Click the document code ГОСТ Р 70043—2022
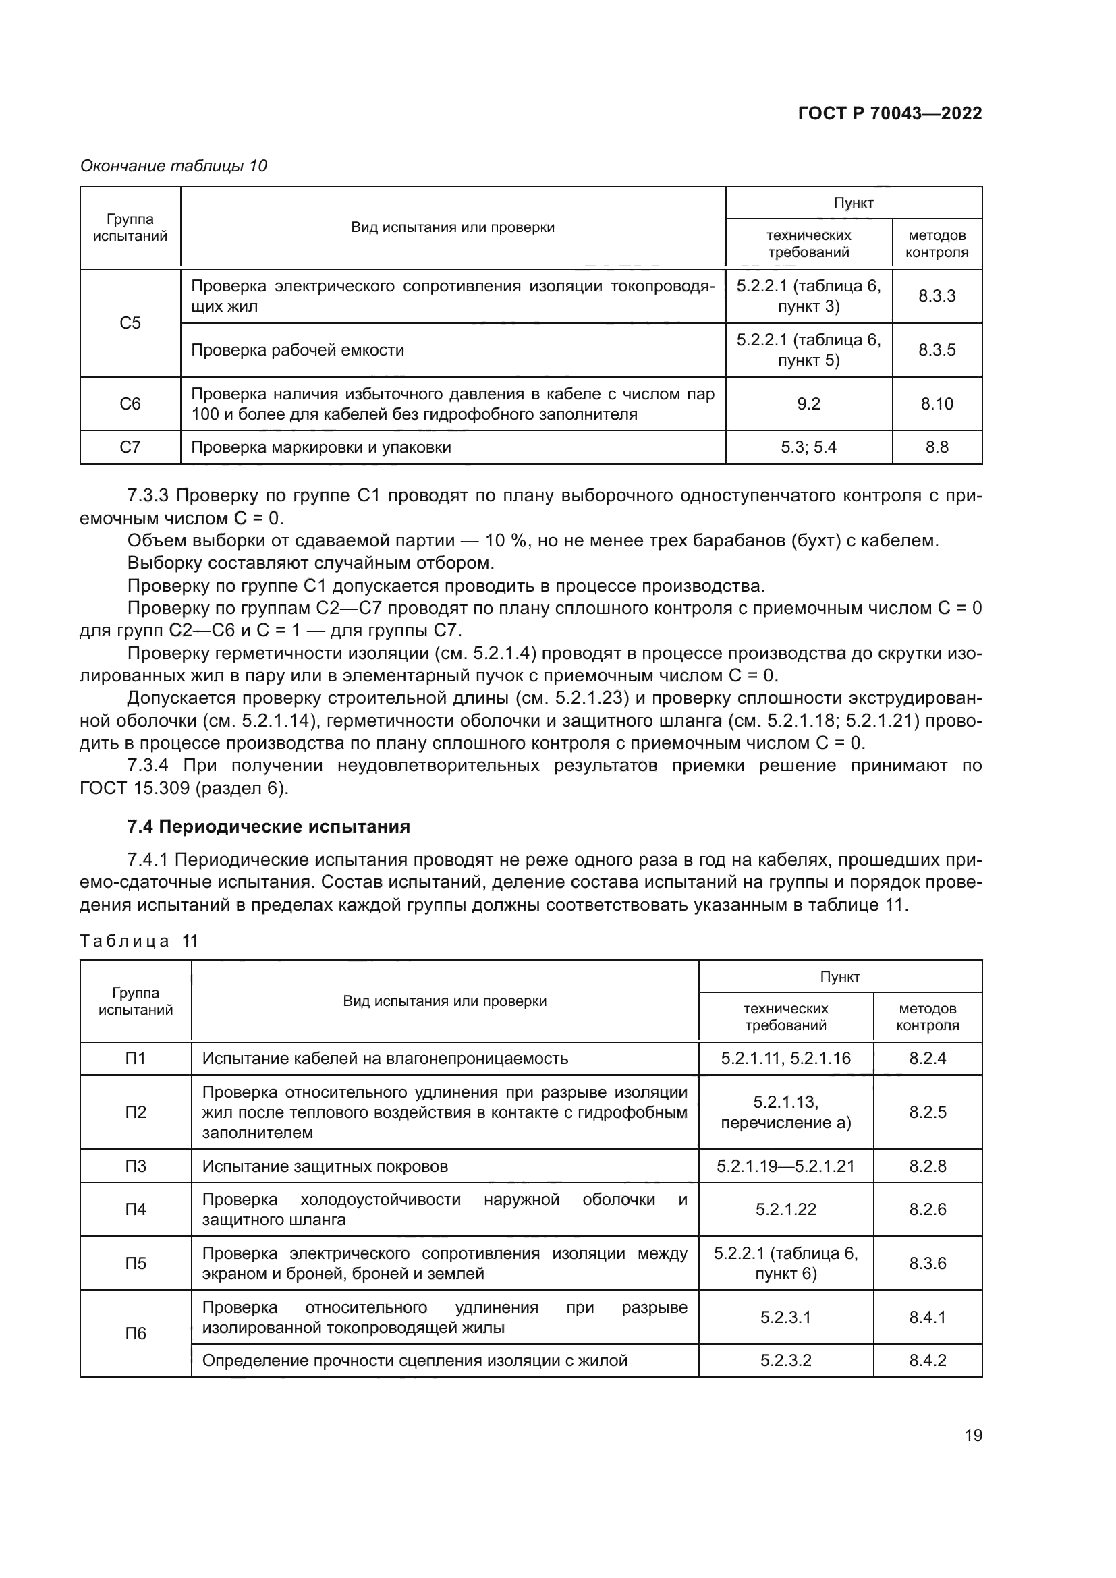(889, 113)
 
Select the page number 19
(973, 1435)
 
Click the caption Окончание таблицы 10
(174, 166)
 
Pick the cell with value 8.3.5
(936, 350)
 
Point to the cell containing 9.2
(808, 404)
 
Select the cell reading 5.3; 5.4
(808, 447)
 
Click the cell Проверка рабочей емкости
(298, 350)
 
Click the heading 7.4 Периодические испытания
(269, 826)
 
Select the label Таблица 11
(139, 941)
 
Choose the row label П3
(136, 1166)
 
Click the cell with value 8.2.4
(927, 1058)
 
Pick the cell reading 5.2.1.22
(785, 1209)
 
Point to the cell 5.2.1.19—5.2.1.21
(785, 1166)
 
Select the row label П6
(136, 1333)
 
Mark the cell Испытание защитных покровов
(325, 1166)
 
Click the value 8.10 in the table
(936, 404)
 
